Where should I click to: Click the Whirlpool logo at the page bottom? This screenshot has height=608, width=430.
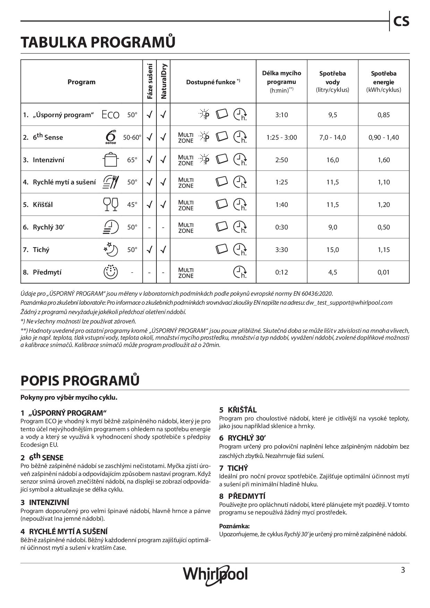pos(215,574)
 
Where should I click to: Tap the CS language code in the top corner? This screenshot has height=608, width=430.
pos(401,21)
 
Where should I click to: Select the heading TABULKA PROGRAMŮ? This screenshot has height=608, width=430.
pos(98,42)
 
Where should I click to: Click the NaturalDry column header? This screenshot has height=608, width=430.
pos(164,81)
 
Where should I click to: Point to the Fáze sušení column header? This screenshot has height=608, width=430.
pos(150,81)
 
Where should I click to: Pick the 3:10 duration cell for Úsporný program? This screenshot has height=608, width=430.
pos(282,115)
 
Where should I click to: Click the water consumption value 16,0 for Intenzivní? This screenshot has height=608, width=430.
pos(332,160)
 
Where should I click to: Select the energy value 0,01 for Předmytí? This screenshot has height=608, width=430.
pos(384,272)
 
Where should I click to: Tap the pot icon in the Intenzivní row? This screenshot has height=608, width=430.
pos(111,160)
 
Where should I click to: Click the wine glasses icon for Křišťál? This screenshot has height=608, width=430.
pos(111,204)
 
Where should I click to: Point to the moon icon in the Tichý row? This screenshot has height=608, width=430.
pos(111,249)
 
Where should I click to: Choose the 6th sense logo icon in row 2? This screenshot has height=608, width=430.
pos(111,137)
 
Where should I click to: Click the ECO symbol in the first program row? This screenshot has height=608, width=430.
pos(111,115)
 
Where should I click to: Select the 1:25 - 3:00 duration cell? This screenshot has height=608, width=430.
pos(282,137)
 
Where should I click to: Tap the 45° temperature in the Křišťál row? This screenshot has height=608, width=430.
pos(132,205)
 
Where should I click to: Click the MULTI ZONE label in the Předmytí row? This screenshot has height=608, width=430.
pos(186,272)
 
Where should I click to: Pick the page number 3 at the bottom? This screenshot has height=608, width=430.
pos(403,570)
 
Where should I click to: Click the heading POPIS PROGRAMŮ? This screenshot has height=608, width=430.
pos(80,380)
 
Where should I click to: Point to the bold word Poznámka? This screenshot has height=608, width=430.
pos(234,526)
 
